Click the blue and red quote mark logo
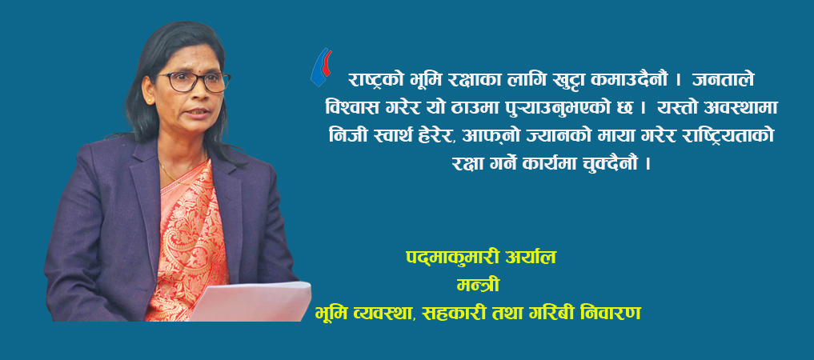[x=321, y=67]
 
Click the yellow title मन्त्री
[x=478, y=286]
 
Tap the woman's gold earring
[x=150, y=99]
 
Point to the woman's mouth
[x=197, y=111]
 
